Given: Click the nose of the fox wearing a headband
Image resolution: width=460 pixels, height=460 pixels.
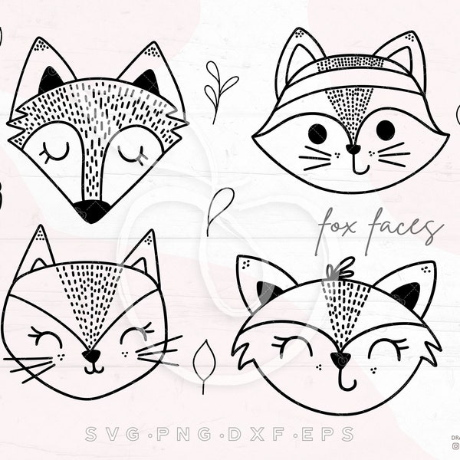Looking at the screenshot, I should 352,149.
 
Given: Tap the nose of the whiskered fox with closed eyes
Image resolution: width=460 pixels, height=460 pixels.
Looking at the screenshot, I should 92,356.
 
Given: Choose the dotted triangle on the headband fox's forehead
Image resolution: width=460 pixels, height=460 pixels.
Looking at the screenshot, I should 350,107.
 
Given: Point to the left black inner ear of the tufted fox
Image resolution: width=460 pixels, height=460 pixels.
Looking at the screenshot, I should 266,292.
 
